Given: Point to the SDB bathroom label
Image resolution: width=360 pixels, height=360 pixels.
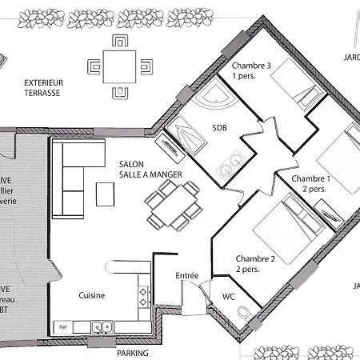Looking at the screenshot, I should click(x=220, y=127).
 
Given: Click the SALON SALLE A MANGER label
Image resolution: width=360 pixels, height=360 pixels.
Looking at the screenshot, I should click(x=143, y=168).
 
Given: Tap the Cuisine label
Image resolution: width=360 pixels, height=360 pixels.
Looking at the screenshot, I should click(x=92, y=295).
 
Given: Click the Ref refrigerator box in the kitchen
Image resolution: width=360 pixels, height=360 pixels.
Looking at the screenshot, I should click(x=61, y=326).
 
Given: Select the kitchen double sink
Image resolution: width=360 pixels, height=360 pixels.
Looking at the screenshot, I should click(x=100, y=326).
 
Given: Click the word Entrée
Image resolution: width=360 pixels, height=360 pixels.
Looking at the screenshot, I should click(x=186, y=275).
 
